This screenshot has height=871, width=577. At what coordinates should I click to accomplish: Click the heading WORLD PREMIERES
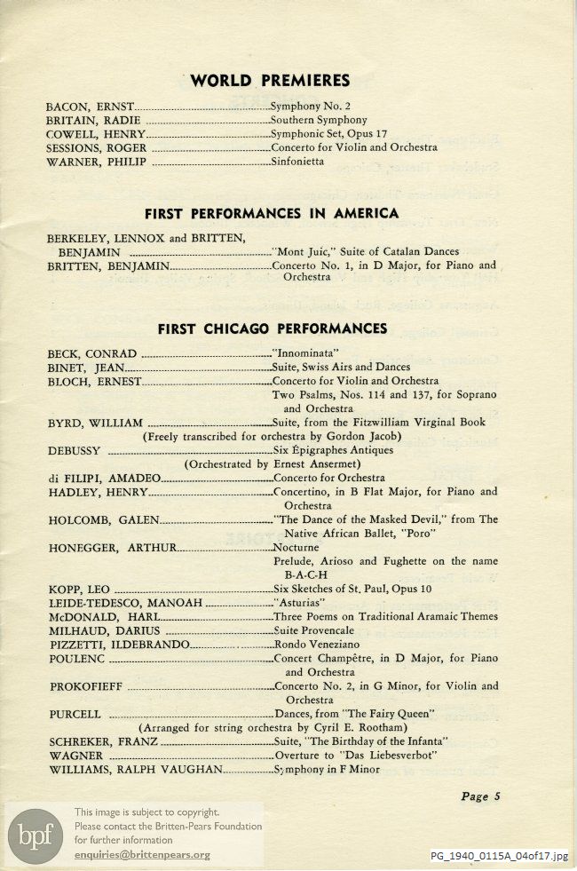(270, 81)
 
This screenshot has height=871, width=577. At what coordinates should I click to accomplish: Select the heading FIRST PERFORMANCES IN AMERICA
(272, 213)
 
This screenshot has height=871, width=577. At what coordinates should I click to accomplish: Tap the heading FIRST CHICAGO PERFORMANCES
(272, 329)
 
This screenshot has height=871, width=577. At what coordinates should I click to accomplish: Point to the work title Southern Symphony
(319, 120)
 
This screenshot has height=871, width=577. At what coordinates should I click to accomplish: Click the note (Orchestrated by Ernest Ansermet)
(271, 463)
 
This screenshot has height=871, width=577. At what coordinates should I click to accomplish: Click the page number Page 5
(481, 796)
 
